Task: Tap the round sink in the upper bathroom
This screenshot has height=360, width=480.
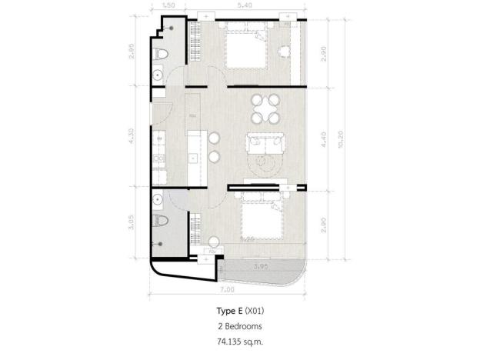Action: click(x=157, y=75)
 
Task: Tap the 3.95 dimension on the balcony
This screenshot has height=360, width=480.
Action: click(x=263, y=265)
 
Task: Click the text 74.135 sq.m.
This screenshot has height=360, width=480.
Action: click(x=239, y=339)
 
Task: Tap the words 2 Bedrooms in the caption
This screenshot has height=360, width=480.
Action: click(x=239, y=325)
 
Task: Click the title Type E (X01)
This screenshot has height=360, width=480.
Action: click(x=239, y=312)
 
